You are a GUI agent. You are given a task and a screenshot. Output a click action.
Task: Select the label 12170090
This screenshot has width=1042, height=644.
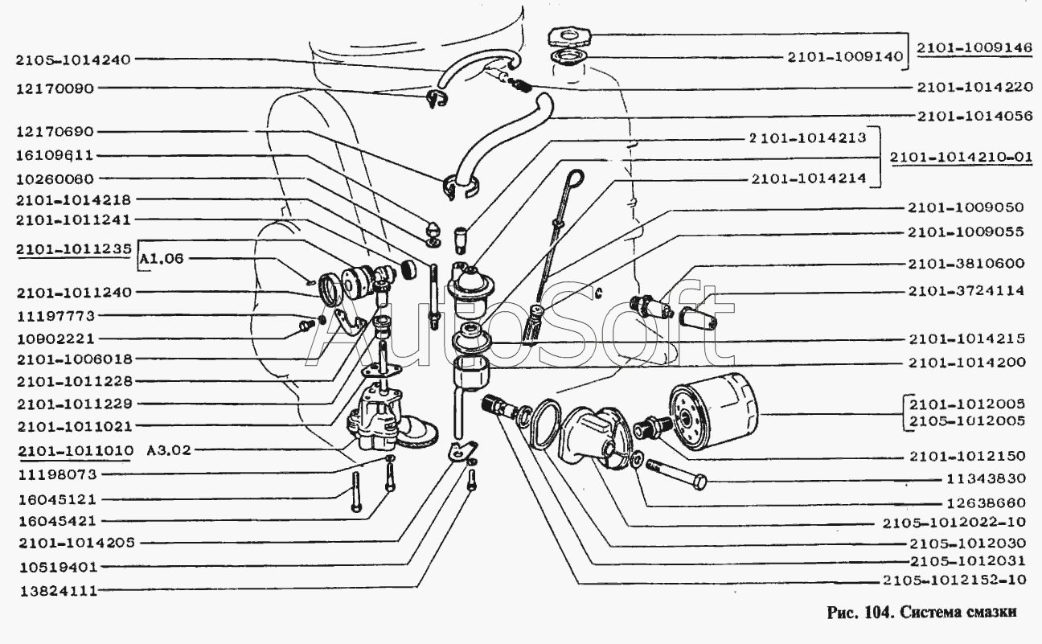pyautogui.click(x=55, y=88)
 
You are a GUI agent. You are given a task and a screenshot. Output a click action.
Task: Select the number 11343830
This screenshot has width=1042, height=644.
pyautogui.click(x=986, y=479)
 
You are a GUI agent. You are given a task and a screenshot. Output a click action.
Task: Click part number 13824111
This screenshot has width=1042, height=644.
pyautogui.click(x=55, y=590)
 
